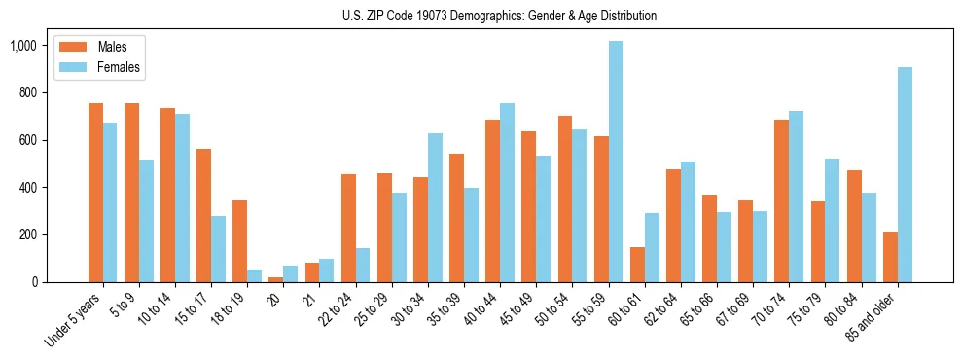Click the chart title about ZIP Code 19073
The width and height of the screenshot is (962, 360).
(x=500, y=16)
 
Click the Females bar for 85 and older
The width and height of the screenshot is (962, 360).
(x=905, y=174)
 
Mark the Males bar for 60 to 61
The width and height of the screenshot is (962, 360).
(x=637, y=265)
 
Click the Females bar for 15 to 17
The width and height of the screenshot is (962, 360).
(x=219, y=249)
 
